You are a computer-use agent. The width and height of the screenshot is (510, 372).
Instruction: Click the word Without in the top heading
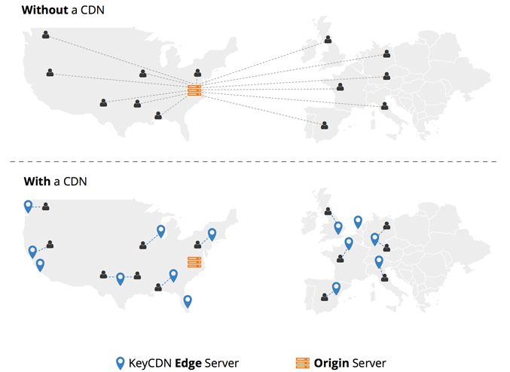[x=45, y=10]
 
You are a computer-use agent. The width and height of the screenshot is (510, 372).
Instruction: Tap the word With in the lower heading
[x=37, y=181]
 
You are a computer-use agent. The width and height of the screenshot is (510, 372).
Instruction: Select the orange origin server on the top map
[x=194, y=90]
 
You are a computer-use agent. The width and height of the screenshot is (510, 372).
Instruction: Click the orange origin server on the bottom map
[x=194, y=262]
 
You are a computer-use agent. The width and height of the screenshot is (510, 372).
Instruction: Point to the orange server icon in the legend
[x=303, y=363]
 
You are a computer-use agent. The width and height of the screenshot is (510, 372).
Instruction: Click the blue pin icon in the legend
[x=121, y=363]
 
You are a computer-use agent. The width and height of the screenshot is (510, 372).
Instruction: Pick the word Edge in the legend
[x=188, y=363]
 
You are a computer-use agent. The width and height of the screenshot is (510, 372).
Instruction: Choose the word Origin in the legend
[x=331, y=363]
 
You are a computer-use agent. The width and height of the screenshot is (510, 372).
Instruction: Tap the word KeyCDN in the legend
[x=150, y=363]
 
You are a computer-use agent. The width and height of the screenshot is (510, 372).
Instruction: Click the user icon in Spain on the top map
[x=324, y=125]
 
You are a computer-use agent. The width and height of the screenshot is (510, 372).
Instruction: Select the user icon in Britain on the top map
[x=328, y=39]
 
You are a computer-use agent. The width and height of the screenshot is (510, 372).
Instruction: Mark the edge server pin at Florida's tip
[x=188, y=301]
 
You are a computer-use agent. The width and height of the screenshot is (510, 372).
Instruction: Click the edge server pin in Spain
[x=336, y=288]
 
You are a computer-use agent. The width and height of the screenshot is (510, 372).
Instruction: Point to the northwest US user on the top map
[x=45, y=35]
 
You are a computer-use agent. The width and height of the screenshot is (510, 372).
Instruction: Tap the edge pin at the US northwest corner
[x=29, y=206]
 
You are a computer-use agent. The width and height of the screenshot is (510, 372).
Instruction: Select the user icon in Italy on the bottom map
[x=385, y=278]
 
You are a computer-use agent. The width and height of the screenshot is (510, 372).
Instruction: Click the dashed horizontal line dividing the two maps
[x=253, y=161]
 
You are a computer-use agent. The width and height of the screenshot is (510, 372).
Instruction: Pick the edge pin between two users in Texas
[x=121, y=279]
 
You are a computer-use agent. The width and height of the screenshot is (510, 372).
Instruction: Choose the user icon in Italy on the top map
[x=385, y=105]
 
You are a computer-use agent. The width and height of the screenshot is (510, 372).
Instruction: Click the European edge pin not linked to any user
[x=358, y=222]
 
